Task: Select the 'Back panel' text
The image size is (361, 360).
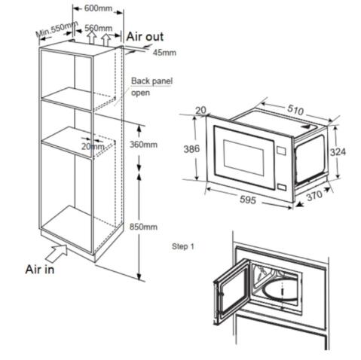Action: (x=148, y=81)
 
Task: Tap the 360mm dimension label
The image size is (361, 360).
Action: (x=144, y=144)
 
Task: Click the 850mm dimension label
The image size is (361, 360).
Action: (x=143, y=227)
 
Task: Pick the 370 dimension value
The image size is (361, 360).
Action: (x=315, y=196)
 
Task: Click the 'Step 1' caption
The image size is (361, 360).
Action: (x=183, y=246)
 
